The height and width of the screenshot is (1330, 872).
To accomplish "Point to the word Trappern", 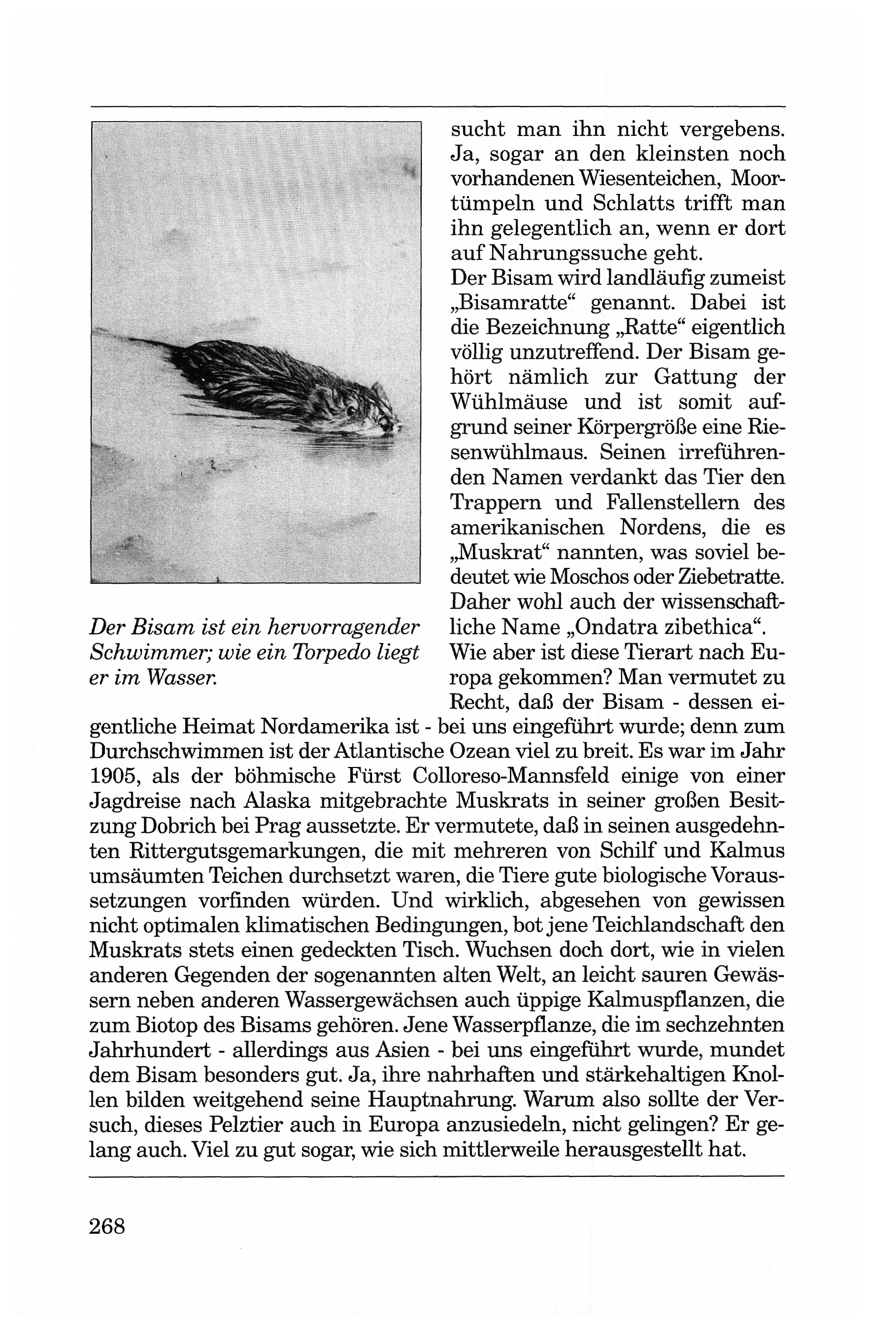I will (x=496, y=502).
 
